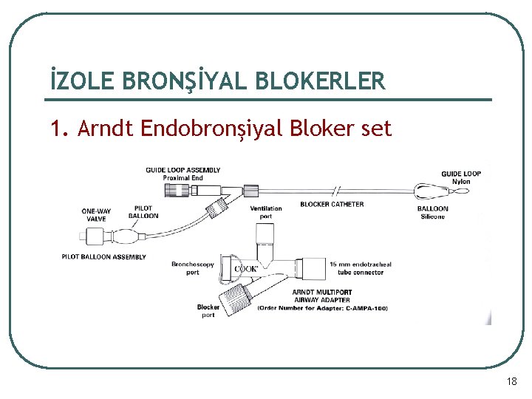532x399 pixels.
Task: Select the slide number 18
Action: click(512, 381)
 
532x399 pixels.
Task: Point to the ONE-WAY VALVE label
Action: click(96, 215)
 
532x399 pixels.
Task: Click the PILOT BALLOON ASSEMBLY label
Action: click(103, 257)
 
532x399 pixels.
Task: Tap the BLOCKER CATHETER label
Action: click(332, 204)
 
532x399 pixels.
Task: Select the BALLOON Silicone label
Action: click(432, 212)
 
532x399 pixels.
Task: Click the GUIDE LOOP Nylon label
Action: click(461, 177)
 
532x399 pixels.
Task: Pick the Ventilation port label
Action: click(266, 212)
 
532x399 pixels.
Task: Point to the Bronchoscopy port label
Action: click(192, 267)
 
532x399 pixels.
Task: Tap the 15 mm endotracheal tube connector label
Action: click(359, 267)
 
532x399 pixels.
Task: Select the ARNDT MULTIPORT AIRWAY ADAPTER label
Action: click(321, 296)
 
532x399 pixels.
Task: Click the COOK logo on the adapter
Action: click(245, 268)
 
